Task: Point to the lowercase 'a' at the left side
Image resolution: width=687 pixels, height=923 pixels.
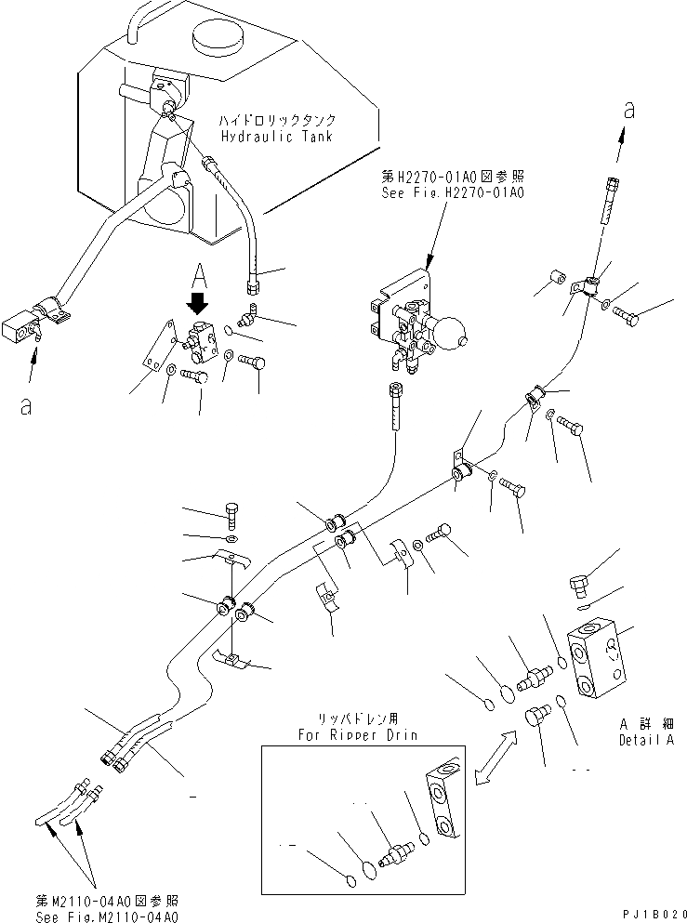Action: pyautogui.click(x=25, y=406)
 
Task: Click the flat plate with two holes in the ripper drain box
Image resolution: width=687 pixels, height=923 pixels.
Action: pyautogui.click(x=443, y=796)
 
